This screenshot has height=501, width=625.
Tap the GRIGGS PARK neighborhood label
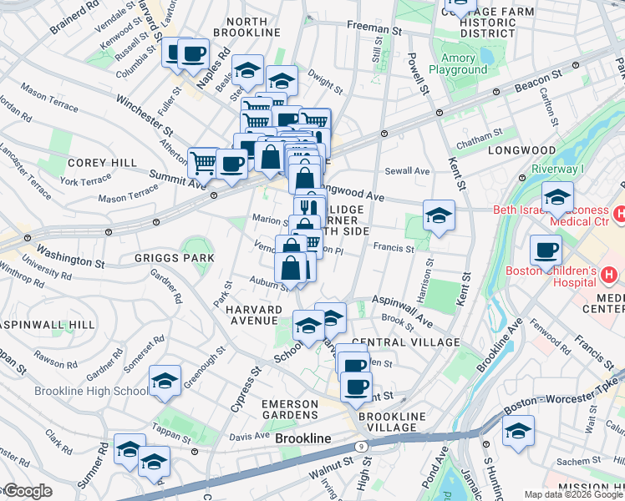174,258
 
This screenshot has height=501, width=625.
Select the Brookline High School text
92,391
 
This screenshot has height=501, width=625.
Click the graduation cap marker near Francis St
439,215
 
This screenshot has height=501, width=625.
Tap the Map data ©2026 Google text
573,494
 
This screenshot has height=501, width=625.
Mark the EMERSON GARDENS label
290,410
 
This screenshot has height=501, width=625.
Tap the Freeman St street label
373,29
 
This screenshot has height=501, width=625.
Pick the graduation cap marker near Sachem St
518,432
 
